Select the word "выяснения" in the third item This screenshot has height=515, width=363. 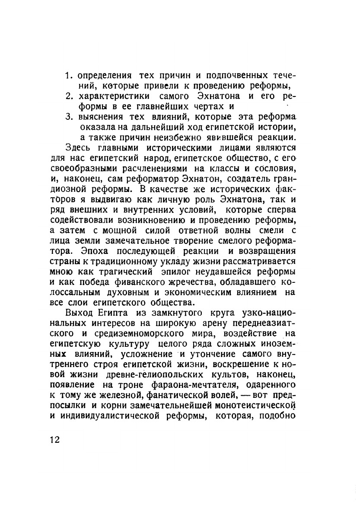pos(101,117)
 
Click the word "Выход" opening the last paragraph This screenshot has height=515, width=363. pos(80,313)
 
